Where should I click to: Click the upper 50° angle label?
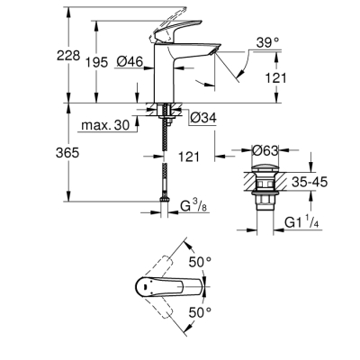pos(204,261)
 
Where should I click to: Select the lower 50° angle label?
pos(204,311)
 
